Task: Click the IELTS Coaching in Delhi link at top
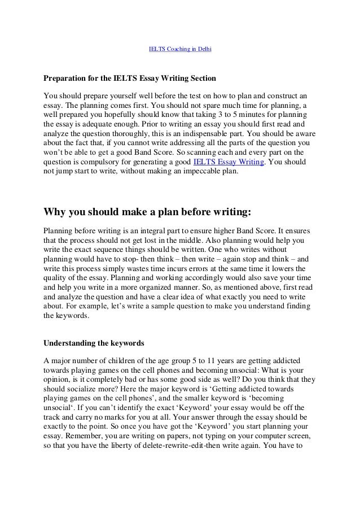tap(179, 49)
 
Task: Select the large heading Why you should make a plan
tap(147, 212)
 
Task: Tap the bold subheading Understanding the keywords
tap(95, 342)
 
